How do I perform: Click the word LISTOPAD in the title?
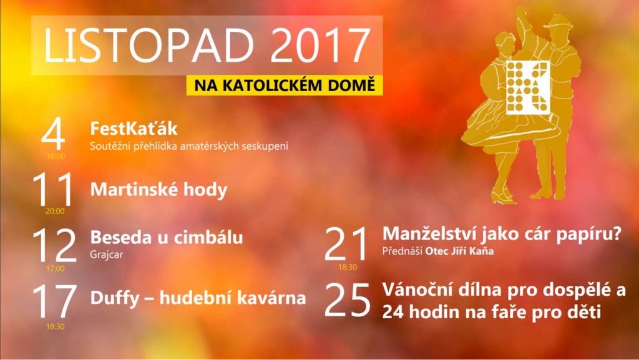149,45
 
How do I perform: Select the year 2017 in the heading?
320,45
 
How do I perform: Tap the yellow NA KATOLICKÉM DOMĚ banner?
285,85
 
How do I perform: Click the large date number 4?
53,134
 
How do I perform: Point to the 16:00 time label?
56,157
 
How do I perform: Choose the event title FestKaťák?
134,129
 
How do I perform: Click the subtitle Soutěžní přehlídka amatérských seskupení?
189,146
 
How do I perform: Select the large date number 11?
53,190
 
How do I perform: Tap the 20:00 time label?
55,211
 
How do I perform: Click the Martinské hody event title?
159,190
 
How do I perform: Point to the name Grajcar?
106,255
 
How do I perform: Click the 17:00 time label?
55,269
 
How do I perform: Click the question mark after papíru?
617,233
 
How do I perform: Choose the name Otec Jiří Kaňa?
459,251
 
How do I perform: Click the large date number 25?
347,300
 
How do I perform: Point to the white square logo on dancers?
528,87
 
